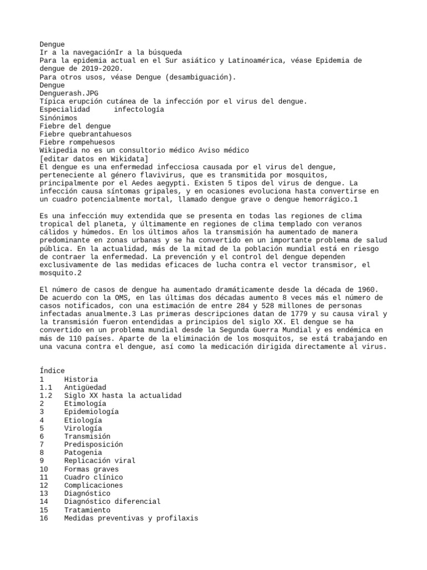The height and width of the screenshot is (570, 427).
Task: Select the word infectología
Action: click(138, 110)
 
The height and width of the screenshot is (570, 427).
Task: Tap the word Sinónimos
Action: click(58, 118)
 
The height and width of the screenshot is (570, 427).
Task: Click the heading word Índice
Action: click(52, 371)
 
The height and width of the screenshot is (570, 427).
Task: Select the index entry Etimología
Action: click(85, 404)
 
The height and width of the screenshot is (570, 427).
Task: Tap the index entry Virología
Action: click(83, 428)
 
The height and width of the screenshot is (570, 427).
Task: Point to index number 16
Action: click(44, 518)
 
